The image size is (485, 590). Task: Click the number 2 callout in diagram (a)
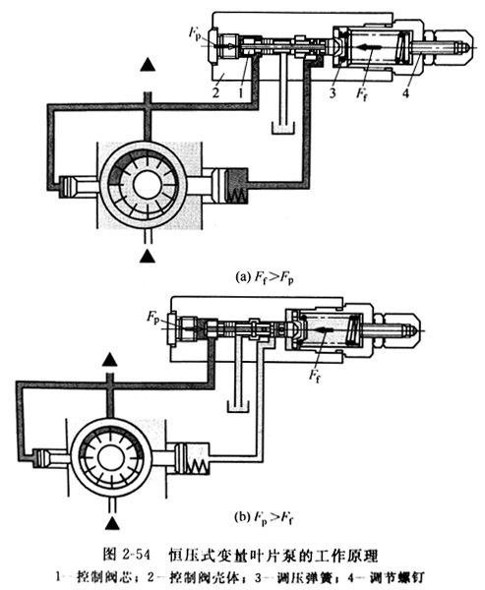(x=215, y=91)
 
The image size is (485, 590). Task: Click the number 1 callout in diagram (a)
(x=241, y=91)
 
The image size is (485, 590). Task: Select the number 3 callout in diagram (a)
(x=333, y=91)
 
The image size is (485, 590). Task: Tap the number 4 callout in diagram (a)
(x=405, y=91)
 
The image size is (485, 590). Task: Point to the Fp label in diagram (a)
(x=195, y=32)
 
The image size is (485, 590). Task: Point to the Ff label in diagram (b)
(x=314, y=375)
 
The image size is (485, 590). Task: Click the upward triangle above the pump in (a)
(x=148, y=65)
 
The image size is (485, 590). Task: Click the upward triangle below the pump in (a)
(x=148, y=256)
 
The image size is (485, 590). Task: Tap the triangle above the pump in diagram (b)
(x=110, y=360)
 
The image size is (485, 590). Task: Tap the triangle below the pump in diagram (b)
(x=112, y=523)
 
